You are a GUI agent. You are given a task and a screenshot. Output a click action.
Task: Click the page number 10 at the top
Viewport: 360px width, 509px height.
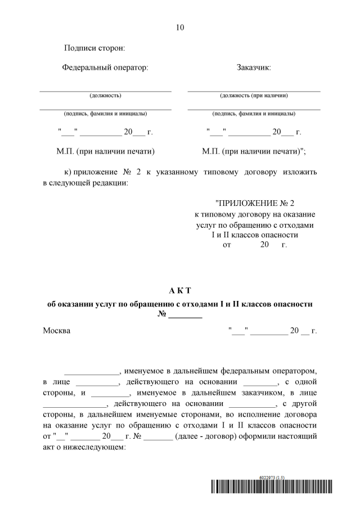coord(179,27)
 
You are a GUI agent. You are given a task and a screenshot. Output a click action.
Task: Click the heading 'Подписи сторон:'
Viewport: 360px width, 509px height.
coord(94,49)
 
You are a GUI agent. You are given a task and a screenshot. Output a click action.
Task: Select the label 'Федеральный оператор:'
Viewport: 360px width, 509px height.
coord(105,68)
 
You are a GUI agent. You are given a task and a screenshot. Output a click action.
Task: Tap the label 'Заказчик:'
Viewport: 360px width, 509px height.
coord(254,68)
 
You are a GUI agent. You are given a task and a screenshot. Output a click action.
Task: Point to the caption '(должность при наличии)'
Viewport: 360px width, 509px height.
coord(254,95)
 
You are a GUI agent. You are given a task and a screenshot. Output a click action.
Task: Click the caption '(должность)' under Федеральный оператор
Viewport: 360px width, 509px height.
coord(105,95)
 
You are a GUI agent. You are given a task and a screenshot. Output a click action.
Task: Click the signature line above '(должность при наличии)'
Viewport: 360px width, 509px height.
coord(254,91)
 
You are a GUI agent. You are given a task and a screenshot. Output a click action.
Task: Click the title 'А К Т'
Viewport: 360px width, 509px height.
coord(180,291)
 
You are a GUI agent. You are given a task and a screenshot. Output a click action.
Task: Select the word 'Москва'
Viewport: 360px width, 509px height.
coord(57,331)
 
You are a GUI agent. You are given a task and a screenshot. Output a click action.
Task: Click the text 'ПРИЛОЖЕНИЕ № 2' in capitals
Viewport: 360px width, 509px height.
coord(255,203)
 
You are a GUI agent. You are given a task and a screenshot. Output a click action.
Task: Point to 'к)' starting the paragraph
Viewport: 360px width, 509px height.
coord(69,172)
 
